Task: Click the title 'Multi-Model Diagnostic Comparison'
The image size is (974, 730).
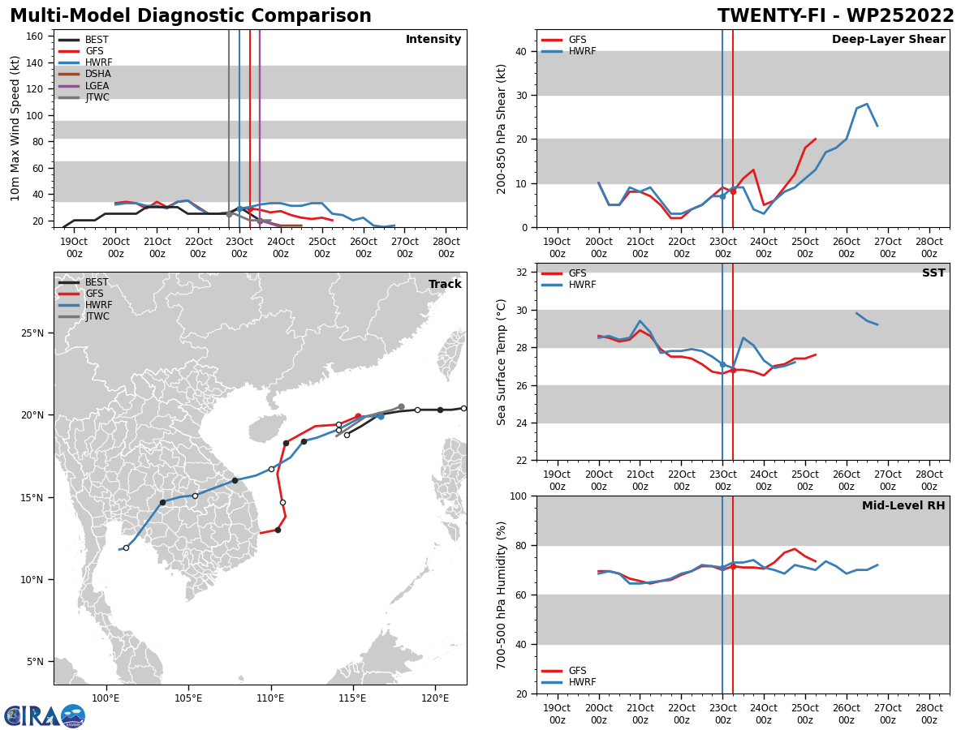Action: pos(191,16)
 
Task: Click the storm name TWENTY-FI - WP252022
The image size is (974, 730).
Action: pos(835,16)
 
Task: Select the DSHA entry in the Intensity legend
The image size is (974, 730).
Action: pos(97,74)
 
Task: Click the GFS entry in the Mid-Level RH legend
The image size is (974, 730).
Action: pos(576,671)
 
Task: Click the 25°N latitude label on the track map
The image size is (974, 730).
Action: pos(33,333)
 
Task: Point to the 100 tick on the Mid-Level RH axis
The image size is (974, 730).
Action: pos(520,496)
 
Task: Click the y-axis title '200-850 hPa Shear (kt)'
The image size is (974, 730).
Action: pos(502,128)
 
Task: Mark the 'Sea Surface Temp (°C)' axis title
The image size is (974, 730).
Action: pos(502,362)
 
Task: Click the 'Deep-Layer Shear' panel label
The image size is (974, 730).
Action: pos(888,40)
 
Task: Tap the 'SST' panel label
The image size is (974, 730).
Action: pos(933,273)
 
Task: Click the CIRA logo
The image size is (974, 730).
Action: pos(45,715)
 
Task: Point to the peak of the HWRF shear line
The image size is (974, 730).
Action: pos(867,104)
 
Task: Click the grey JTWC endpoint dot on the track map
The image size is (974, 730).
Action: pos(401,407)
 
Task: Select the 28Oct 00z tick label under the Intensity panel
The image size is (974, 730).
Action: pos(446,247)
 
